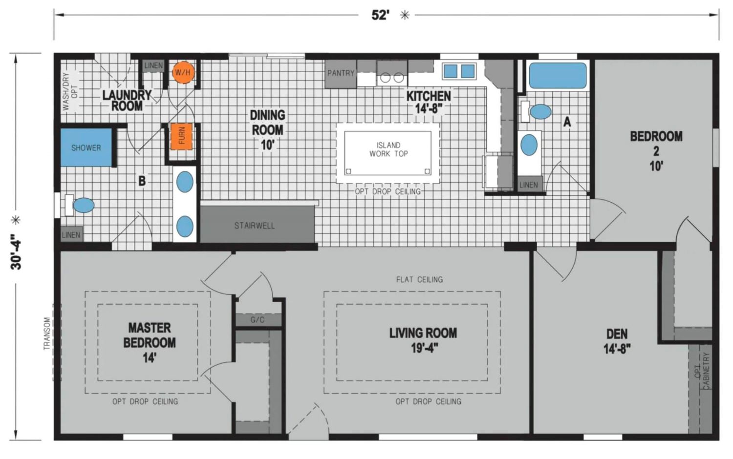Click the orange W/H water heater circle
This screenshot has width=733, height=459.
coord(183,72)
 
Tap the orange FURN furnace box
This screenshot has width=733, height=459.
coord(182,136)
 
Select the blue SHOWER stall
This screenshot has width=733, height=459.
coord(86,147)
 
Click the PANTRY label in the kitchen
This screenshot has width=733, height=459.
coord(341,73)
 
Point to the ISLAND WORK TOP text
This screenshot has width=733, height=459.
coord(388,149)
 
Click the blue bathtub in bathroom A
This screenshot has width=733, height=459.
coord(558,76)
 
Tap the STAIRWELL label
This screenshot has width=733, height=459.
coord(254,226)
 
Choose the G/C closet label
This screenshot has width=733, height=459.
coord(257,320)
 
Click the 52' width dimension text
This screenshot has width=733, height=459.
coord(380,15)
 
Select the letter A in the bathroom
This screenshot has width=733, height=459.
coord(567,122)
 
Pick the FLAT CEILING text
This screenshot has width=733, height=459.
coord(419,279)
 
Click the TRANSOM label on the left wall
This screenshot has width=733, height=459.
coord(47,334)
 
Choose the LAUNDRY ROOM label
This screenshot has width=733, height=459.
coord(127,101)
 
